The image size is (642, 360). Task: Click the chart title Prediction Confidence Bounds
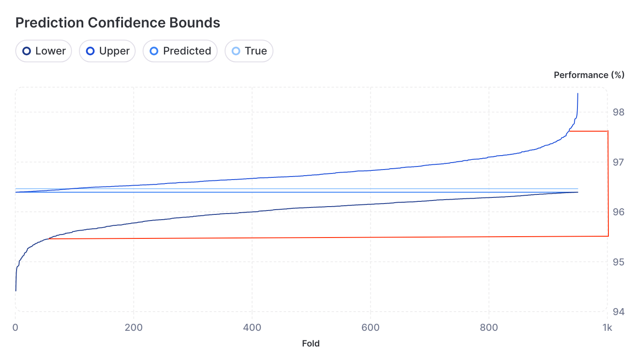(x=118, y=23)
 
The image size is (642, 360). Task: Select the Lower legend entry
(x=44, y=51)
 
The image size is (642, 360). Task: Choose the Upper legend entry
(x=107, y=51)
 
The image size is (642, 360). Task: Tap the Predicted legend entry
(x=180, y=51)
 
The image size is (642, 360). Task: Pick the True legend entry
(x=249, y=51)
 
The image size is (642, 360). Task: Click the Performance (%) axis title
(x=589, y=75)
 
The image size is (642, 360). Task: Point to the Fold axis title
(x=311, y=343)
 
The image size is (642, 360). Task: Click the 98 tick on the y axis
(x=618, y=112)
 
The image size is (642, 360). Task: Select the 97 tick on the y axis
(x=618, y=162)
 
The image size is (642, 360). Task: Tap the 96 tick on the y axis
(x=618, y=212)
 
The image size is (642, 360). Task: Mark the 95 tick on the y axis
(x=618, y=262)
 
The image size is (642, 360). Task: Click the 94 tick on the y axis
(x=618, y=312)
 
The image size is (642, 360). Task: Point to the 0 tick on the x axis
(x=15, y=328)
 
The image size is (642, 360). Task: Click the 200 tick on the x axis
(x=133, y=328)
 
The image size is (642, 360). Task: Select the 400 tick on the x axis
(x=252, y=328)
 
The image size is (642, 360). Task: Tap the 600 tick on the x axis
(x=370, y=328)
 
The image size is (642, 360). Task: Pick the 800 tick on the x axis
(x=489, y=328)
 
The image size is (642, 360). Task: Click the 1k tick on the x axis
(x=607, y=328)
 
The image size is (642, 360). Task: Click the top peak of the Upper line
(x=578, y=93)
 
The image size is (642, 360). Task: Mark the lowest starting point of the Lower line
(x=16, y=291)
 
